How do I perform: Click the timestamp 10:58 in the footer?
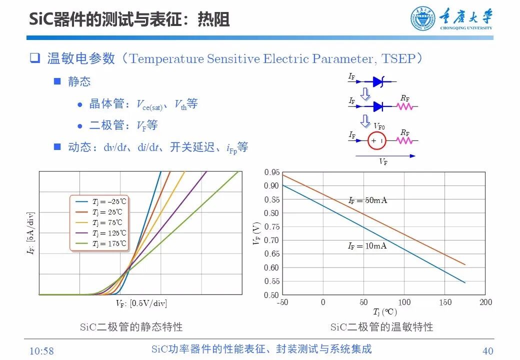(x=41, y=350)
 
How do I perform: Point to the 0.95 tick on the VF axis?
(x=271, y=172)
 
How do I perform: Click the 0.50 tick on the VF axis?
(x=271, y=295)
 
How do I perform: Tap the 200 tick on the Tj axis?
(x=485, y=302)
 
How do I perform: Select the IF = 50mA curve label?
(x=367, y=200)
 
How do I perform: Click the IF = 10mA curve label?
(x=367, y=245)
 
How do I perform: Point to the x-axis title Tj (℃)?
(x=384, y=312)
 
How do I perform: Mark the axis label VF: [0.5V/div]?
(x=141, y=303)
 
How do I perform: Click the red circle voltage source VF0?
(x=377, y=141)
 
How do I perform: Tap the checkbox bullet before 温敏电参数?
(x=34, y=58)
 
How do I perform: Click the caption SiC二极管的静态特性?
(x=131, y=327)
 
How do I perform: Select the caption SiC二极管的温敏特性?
(x=381, y=327)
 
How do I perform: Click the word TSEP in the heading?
(x=398, y=58)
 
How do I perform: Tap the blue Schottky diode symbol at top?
(x=379, y=81)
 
